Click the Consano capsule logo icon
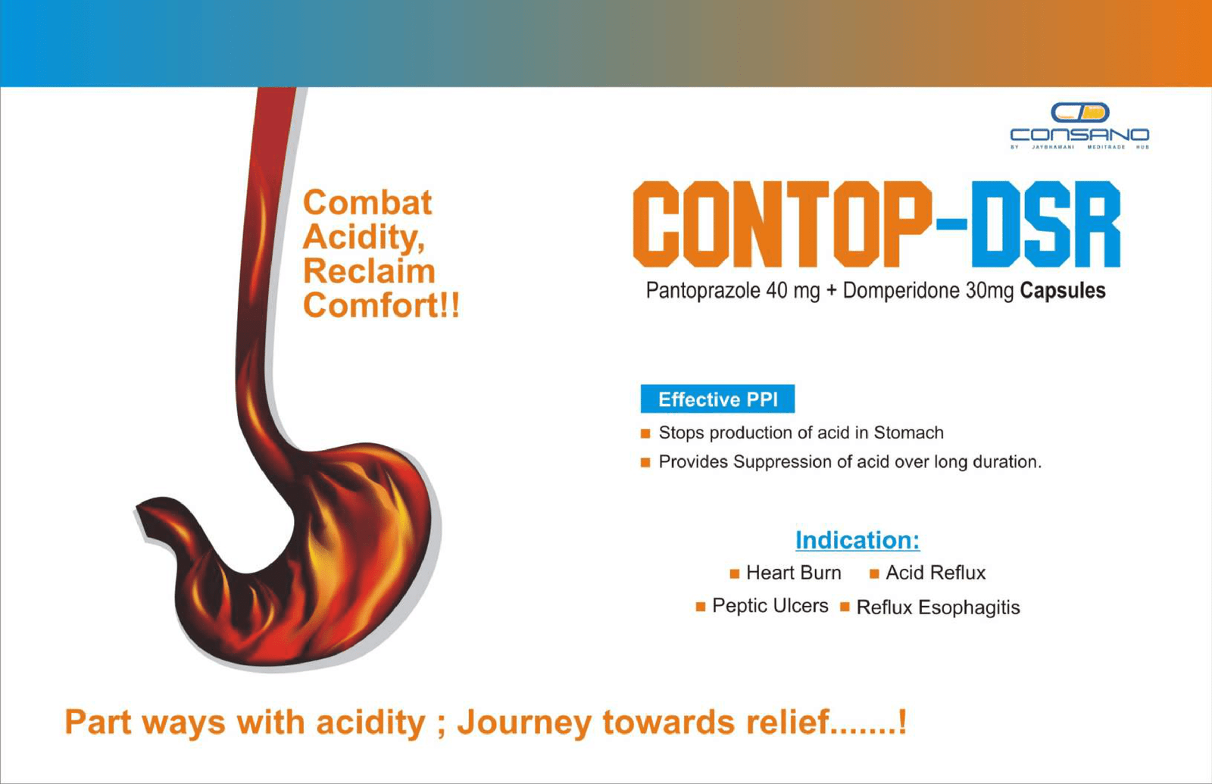1080,113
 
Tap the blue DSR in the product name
1046,224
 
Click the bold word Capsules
1063,291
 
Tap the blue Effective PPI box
717,398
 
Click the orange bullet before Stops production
645,433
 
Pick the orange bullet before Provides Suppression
645,463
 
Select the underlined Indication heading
857,540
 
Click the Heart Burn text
794,573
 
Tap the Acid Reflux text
936,573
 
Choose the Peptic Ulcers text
770,606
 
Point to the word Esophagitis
969,608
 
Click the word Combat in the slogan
367,202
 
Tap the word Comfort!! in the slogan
381,305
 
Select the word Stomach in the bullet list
908,433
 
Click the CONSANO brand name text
1080,134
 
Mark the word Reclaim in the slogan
369,271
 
